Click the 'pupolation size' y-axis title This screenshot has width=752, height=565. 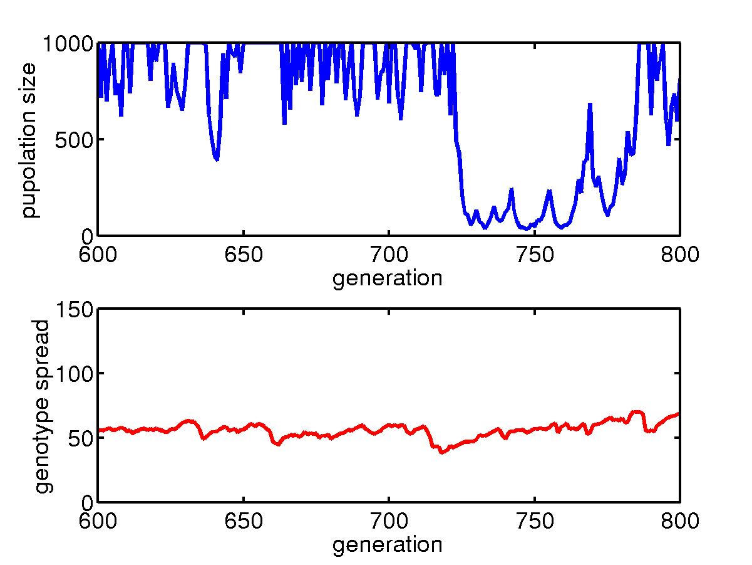29,139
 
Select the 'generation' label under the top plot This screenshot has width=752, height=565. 387,278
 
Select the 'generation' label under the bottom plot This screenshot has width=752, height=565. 387,544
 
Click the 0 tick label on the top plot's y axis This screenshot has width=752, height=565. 86,236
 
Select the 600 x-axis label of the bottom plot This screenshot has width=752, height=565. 97,522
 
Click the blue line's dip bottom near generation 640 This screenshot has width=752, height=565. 217,159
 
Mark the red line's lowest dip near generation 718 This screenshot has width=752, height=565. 442,452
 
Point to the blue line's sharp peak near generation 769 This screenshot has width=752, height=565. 590,105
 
